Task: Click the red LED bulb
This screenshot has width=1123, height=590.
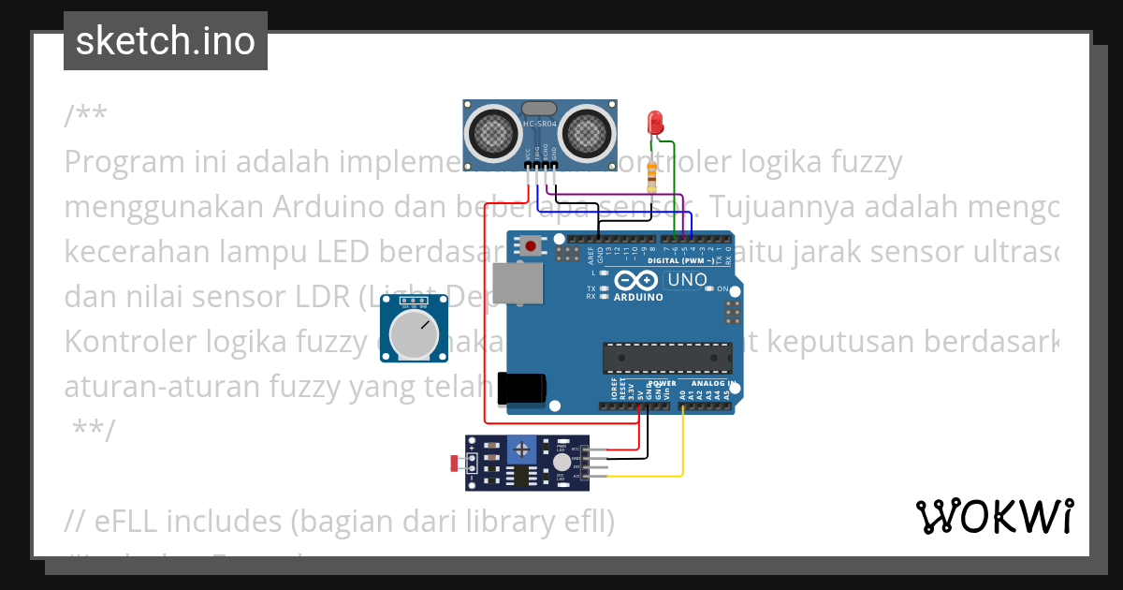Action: [x=655, y=122]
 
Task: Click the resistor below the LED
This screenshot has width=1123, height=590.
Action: [x=652, y=175]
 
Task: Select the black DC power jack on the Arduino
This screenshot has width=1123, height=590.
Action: [x=520, y=389]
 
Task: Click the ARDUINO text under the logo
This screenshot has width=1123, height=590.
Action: [x=638, y=297]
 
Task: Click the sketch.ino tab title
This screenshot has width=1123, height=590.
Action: [x=166, y=41]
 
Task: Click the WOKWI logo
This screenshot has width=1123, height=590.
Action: [x=994, y=516]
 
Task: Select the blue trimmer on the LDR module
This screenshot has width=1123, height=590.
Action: [x=520, y=450]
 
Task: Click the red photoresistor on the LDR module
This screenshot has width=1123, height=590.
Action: [x=456, y=462]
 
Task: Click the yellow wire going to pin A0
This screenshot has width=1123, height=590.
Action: [x=682, y=440]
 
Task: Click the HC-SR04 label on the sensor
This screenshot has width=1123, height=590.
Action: [x=539, y=124]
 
